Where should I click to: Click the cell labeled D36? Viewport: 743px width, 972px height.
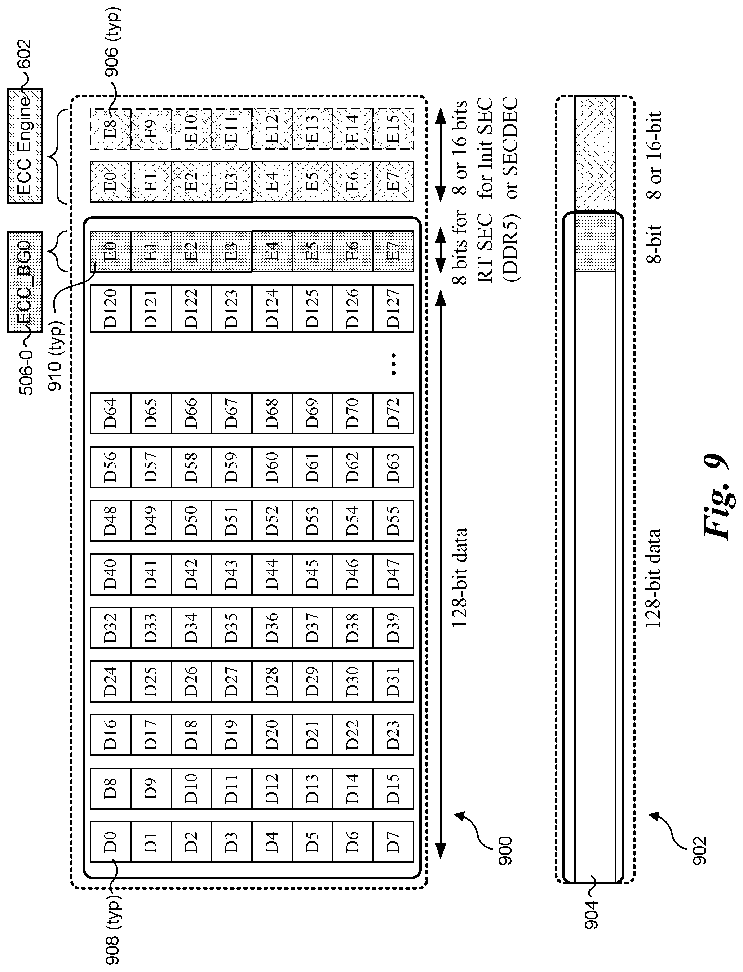pyautogui.click(x=271, y=628)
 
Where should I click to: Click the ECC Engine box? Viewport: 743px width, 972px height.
pyautogui.click(x=25, y=146)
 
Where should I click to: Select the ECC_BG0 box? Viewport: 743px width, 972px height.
pyautogui.click(x=25, y=282)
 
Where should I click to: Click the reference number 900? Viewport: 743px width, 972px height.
pyautogui.click(x=504, y=851)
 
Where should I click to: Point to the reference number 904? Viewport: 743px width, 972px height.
pyautogui.click(x=591, y=915)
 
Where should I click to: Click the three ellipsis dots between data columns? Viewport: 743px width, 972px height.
pyautogui.click(x=394, y=364)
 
